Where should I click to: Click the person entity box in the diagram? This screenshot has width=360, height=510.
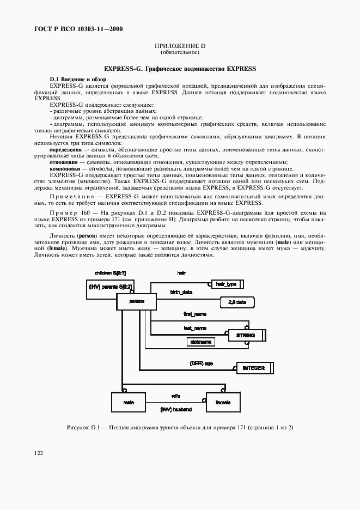point(136,301)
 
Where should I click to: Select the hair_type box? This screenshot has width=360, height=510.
point(225,284)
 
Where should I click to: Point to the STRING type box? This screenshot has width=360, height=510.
point(246,335)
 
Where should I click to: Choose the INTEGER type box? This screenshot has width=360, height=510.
point(253,368)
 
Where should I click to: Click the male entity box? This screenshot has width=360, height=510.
point(129,402)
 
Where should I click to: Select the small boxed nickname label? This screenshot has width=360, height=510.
point(200,342)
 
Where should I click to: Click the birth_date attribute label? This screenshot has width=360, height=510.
point(181,293)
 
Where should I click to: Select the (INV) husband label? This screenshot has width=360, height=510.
point(176,408)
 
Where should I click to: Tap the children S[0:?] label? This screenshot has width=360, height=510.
point(110,272)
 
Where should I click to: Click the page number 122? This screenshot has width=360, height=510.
point(39,453)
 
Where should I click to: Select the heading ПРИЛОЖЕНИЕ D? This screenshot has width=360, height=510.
point(180,46)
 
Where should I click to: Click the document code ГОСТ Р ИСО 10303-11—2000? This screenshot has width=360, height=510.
point(72,28)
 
